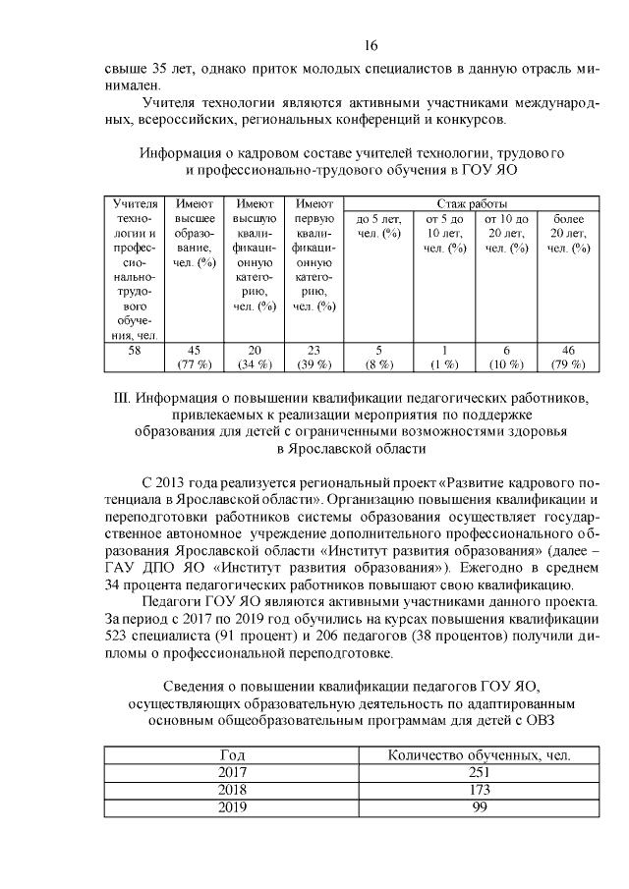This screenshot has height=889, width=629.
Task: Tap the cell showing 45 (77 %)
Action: point(195,359)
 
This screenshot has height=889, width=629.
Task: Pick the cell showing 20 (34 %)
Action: point(254,359)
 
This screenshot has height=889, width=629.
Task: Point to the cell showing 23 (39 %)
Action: point(314,359)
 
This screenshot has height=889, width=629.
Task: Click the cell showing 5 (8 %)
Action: point(378,359)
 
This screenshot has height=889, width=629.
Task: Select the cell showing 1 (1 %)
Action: point(444,359)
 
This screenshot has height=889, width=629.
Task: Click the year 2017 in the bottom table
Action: point(232,772)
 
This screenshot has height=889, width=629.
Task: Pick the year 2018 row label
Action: point(232,789)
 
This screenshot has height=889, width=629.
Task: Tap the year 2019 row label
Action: point(232,806)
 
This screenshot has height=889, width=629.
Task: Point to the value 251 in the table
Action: point(480,772)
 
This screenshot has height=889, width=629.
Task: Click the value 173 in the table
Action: point(480,789)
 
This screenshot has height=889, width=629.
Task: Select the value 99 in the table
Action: point(480,806)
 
